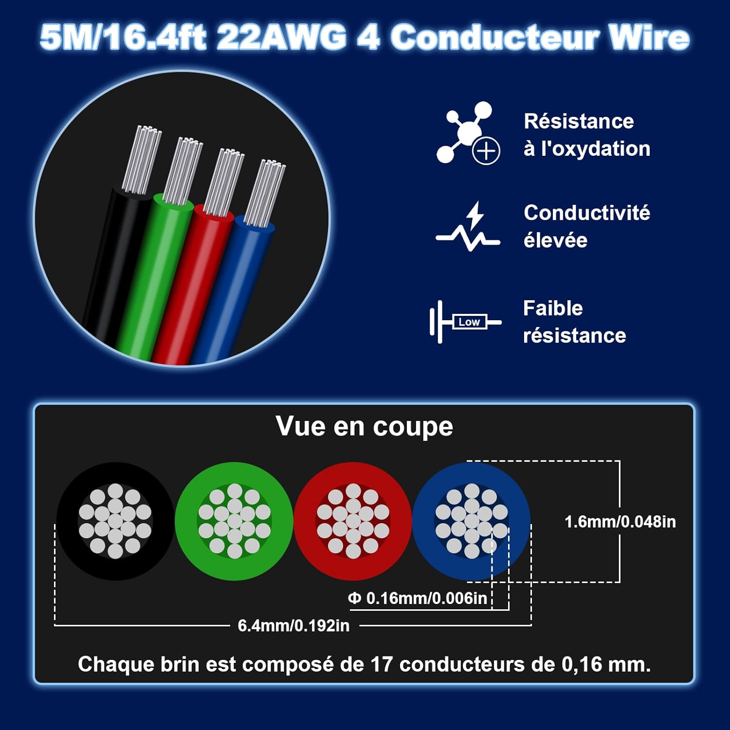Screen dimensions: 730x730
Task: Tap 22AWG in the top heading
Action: point(282,37)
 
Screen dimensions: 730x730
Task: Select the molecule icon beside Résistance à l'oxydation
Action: point(468,133)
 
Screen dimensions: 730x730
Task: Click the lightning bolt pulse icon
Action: point(468,226)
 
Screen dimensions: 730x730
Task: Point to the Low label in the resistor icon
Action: point(469,322)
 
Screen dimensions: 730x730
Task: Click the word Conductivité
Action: point(587,213)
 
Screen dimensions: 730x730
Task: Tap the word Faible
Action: point(553,308)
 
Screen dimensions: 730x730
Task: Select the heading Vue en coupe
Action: point(365,426)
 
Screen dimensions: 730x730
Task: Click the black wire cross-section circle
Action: point(115,521)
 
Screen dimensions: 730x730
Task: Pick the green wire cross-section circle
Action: point(234,521)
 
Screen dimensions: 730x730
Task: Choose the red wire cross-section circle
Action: point(353,521)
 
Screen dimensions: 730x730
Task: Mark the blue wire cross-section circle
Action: point(472,521)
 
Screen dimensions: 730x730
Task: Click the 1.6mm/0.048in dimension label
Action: point(620,522)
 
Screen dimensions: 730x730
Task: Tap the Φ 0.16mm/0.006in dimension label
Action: point(418,598)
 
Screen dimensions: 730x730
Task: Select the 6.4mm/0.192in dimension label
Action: point(293,625)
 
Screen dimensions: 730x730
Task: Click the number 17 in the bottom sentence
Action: point(382,664)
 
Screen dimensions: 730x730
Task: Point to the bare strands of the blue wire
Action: point(265,193)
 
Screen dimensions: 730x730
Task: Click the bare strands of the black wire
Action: point(142,160)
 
